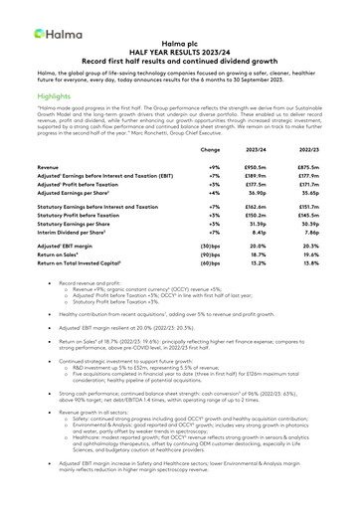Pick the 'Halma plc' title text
(x=179, y=44)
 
